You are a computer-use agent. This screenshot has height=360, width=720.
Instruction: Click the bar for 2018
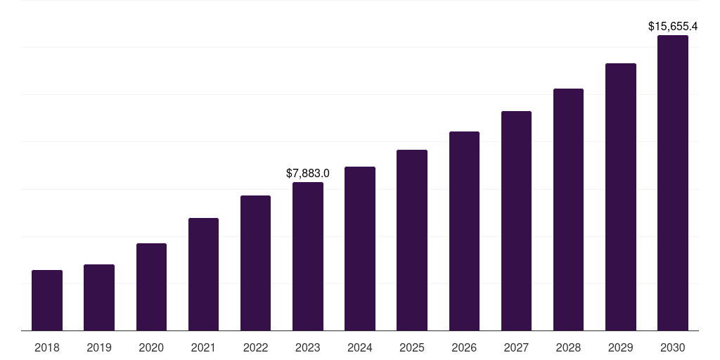point(47,300)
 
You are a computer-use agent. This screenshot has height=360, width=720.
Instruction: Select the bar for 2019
point(99,297)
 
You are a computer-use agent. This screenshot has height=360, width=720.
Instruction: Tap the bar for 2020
point(151,287)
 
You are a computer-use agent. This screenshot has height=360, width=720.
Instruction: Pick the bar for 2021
point(203,274)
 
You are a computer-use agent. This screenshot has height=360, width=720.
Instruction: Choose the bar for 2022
point(255,263)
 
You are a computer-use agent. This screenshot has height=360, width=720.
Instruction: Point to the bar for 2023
point(308,257)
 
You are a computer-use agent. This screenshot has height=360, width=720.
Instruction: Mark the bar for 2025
point(412,240)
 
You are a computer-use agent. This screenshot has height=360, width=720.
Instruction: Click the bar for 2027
point(516,221)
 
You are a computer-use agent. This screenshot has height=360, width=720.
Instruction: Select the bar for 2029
point(621,197)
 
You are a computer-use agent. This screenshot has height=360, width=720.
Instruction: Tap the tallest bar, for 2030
point(673,183)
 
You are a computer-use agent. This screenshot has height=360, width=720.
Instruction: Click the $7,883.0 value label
point(308,173)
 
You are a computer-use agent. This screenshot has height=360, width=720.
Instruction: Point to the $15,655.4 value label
point(673,27)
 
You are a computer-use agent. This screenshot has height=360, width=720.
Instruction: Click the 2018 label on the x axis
point(47,347)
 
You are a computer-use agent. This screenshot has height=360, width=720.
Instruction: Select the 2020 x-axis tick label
point(151,347)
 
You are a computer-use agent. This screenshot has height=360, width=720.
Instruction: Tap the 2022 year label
point(255,347)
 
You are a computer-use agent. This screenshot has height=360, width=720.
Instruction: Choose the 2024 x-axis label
point(360,347)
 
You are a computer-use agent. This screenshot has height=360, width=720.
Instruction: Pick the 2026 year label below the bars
point(464,347)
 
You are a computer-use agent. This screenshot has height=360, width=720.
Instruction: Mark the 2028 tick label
point(568,347)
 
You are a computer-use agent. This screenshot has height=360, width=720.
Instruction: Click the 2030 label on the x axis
point(673,347)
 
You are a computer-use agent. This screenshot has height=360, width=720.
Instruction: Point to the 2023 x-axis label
point(308,347)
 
